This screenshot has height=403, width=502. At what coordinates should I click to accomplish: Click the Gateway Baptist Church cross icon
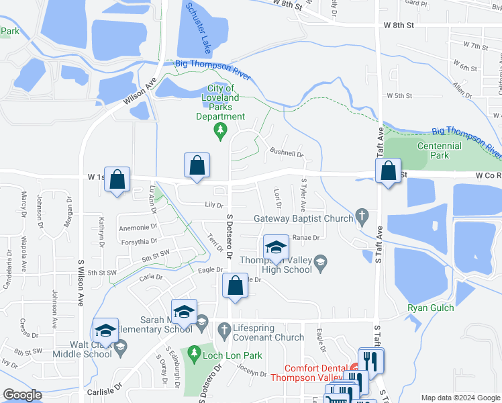[x=362, y=217]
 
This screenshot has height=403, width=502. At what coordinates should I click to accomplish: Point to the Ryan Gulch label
[x=430, y=308]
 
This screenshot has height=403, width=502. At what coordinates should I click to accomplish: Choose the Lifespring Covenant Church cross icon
[x=225, y=329]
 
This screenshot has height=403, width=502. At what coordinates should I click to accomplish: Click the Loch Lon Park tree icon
[x=194, y=352]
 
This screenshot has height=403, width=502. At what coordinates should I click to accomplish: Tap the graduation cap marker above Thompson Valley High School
[x=275, y=247]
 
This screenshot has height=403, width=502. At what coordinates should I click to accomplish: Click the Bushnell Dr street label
[x=287, y=153]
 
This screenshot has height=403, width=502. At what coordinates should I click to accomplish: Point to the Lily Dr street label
[x=213, y=205]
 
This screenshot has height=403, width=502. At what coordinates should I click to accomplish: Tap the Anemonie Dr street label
[x=138, y=228]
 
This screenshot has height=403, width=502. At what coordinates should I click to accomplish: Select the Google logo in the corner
[x=22, y=395]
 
